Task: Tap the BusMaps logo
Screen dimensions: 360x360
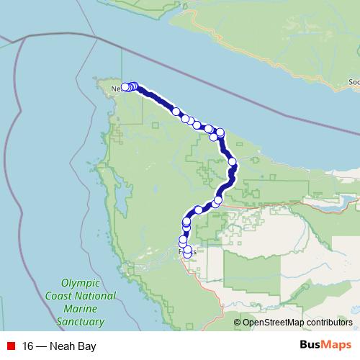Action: [325, 346]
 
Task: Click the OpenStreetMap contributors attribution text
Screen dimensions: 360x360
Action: [297, 323]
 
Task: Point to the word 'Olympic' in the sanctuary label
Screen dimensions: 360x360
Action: [81, 284]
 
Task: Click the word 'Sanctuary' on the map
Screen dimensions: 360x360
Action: [80, 322]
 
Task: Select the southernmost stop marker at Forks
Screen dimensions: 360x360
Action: [188, 254]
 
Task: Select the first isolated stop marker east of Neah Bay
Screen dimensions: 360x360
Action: [176, 112]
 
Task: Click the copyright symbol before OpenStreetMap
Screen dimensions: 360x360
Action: [238, 323]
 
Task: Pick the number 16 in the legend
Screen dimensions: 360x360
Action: [27, 346]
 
